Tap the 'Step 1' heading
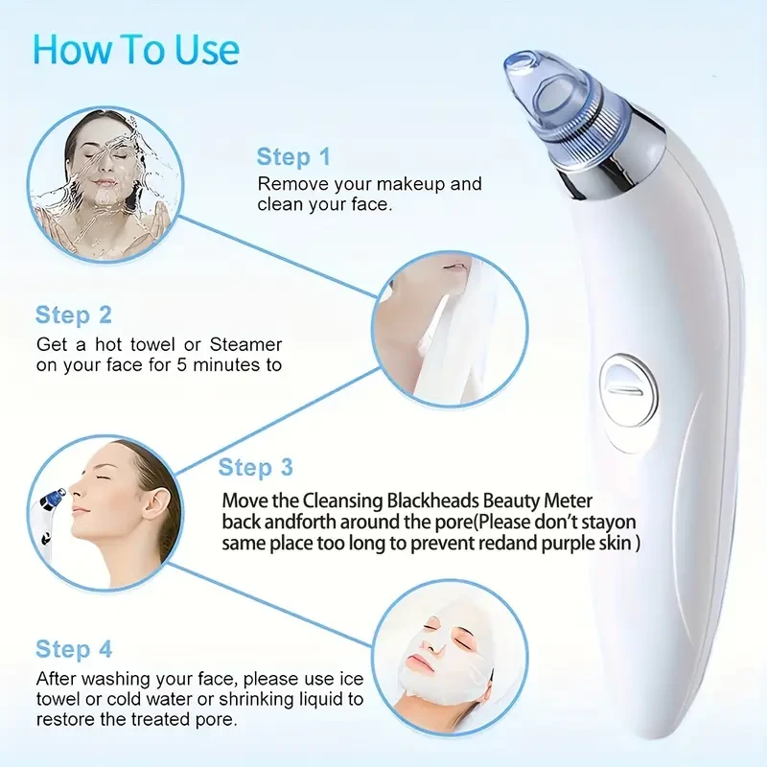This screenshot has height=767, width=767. click(x=293, y=156)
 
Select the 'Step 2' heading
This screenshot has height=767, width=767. click(x=74, y=314)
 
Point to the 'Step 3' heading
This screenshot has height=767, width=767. click(x=256, y=467)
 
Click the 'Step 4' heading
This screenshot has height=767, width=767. click(x=74, y=649)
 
